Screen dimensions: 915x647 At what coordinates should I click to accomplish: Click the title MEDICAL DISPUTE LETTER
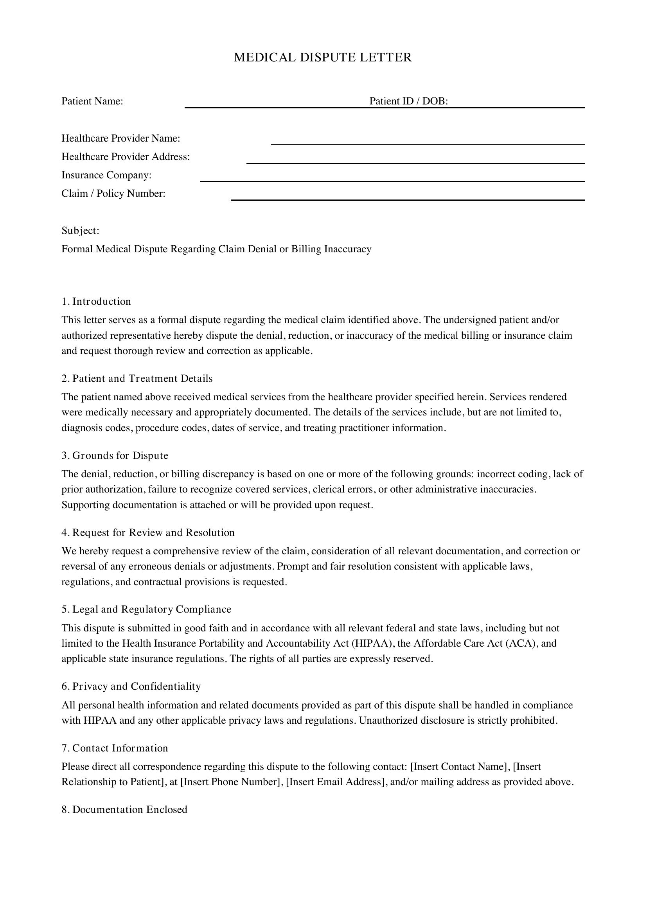point(323,58)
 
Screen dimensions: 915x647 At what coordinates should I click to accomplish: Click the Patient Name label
point(92,101)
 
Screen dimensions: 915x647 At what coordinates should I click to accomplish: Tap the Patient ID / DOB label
point(409,101)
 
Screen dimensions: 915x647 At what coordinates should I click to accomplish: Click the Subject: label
point(81,231)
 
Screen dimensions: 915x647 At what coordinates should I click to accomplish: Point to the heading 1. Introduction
point(96,301)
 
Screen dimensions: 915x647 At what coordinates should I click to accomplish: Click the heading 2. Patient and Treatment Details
point(137,378)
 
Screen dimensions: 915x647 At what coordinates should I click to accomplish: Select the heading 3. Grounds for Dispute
point(115,455)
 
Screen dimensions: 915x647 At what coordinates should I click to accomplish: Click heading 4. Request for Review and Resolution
point(148,532)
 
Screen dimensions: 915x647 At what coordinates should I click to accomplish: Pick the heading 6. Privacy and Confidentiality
point(131,686)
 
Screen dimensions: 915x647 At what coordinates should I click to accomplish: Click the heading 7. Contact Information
point(115,748)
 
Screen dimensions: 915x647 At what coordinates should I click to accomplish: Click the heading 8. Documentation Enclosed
point(124,809)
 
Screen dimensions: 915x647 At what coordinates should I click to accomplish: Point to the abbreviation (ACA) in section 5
point(521,644)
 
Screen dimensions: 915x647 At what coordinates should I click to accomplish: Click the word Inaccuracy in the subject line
point(348,249)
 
